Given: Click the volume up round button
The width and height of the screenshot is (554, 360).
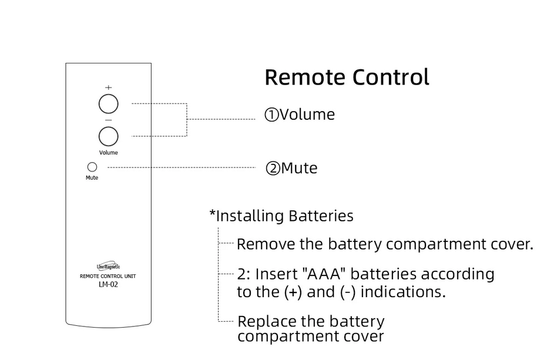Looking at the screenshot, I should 108,105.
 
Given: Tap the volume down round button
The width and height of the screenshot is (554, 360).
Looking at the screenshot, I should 108,136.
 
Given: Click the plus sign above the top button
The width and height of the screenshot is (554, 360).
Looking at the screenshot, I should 108,88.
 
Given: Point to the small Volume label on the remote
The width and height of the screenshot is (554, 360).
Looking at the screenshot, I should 108,153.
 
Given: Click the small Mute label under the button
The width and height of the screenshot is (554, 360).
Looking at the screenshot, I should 92,177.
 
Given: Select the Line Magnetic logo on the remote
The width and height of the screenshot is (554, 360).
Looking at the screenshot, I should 108,267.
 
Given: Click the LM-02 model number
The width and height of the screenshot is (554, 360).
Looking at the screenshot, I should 108,285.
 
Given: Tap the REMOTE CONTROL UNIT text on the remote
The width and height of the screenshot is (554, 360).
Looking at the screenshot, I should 108,276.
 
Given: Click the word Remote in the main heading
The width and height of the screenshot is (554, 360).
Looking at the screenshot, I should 305,78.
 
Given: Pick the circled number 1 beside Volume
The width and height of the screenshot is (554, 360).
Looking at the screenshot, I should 271,115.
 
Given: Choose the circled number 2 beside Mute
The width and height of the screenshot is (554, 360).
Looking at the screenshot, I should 273,169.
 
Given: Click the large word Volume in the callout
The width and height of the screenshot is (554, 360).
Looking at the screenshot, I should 307,115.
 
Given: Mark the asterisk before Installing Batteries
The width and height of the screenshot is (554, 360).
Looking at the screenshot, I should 213,214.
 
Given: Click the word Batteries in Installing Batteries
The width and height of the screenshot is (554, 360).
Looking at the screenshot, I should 320,216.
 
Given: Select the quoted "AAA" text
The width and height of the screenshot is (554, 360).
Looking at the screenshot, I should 324,274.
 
